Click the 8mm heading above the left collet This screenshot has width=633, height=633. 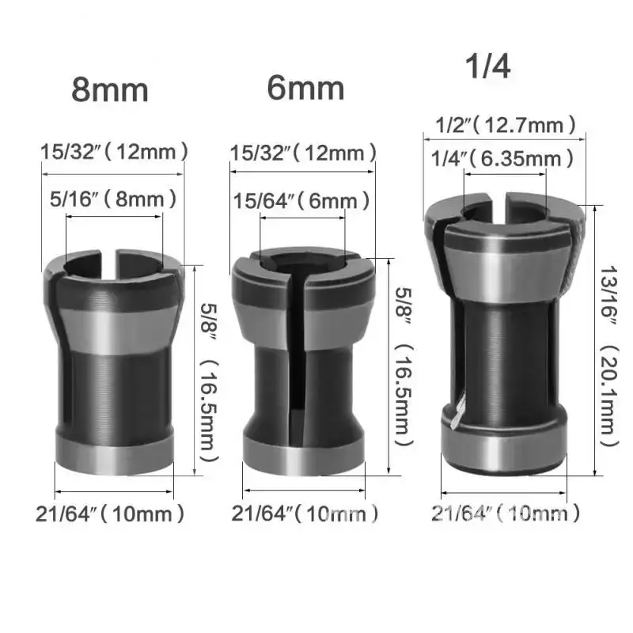110,89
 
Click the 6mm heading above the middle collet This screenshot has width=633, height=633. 305,87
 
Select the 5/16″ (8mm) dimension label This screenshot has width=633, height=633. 113,199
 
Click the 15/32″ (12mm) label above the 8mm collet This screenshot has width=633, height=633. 115,150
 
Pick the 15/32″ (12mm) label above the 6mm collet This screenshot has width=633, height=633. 303,153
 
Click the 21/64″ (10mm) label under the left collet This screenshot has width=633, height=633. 110,514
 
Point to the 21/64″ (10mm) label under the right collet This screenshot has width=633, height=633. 506,514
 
